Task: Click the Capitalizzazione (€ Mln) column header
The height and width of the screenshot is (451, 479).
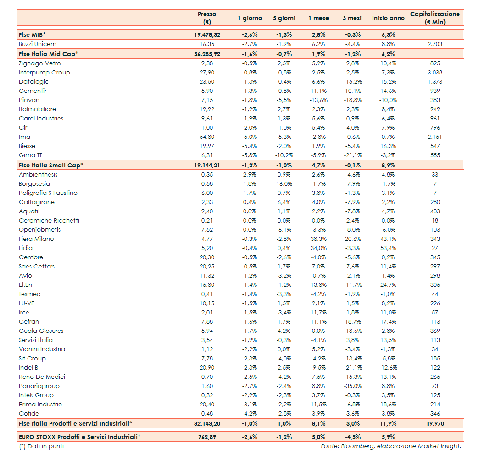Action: tap(434, 18)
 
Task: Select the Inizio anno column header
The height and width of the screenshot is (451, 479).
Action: tap(388, 18)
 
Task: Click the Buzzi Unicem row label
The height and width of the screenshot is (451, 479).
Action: tap(38, 44)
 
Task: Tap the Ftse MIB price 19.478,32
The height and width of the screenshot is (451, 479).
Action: tap(207, 34)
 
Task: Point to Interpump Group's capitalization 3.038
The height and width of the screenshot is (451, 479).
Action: tap(435, 73)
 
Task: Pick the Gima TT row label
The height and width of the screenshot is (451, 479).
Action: tap(31, 155)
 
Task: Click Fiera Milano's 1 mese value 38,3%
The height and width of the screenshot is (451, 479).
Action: tap(318, 239)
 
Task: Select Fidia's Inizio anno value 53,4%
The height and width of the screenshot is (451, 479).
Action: tap(388, 248)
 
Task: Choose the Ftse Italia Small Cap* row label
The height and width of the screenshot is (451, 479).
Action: tap(51, 165)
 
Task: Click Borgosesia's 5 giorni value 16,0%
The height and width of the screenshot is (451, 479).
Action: tap(284, 184)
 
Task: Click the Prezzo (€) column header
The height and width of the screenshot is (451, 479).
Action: tap(207, 18)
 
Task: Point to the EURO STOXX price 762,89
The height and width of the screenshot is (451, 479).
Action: tap(207, 437)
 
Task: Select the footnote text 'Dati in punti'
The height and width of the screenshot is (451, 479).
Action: tap(45, 446)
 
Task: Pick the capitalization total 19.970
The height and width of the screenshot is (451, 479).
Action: tap(435, 423)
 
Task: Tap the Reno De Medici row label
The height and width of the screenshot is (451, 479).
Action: tap(42, 377)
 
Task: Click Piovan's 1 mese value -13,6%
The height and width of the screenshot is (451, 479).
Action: tap(318, 100)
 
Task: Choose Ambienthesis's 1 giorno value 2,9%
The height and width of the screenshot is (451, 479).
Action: tap(250, 175)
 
